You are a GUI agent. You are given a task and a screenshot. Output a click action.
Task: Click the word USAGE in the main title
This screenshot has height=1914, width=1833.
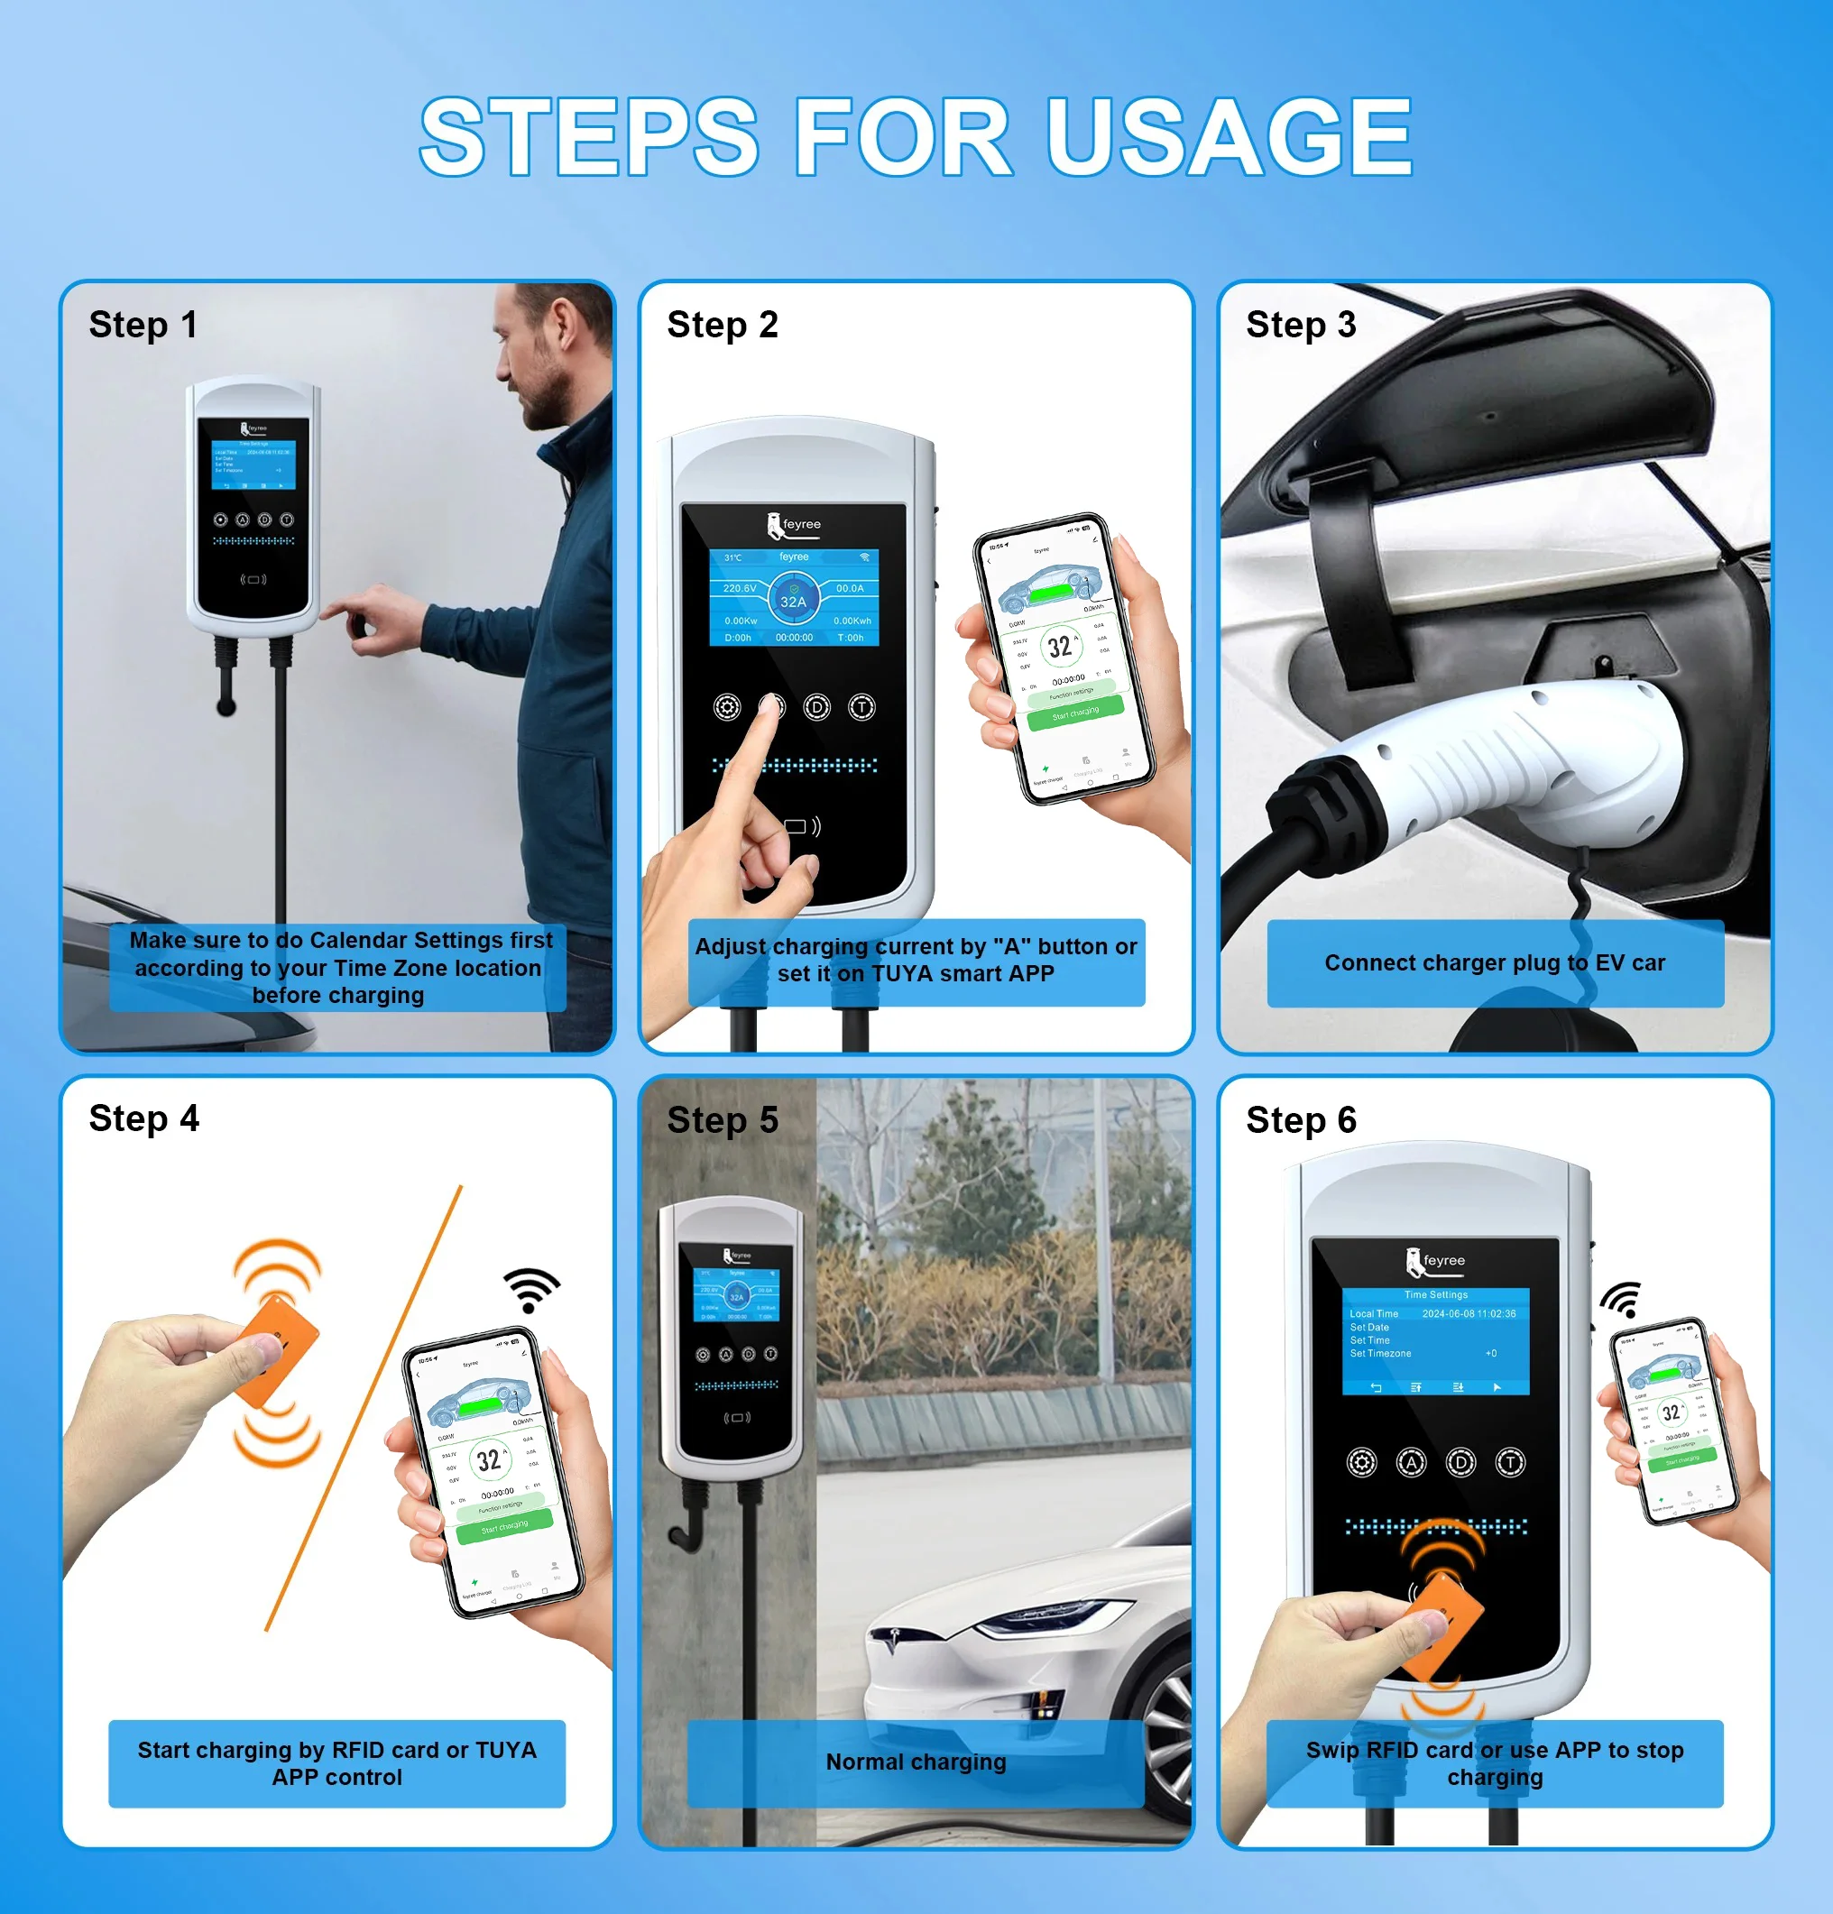pyautogui.click(x=1229, y=137)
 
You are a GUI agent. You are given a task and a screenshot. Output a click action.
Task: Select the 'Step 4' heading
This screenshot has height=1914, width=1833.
pyautogui.click(x=143, y=1118)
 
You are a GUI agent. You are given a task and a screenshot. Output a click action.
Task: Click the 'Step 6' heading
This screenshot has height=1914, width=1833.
pyautogui.click(x=1301, y=1120)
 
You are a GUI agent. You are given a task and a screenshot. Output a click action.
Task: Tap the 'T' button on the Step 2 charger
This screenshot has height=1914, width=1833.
pyautogui.click(x=861, y=707)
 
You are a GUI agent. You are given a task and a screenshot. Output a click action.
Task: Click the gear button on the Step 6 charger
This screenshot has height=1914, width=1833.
pyautogui.click(x=1361, y=1462)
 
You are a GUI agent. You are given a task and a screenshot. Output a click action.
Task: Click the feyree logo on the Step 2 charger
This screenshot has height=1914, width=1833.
pyautogui.click(x=794, y=524)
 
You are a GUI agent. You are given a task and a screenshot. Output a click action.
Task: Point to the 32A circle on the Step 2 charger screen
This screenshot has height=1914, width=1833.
pyautogui.click(x=794, y=598)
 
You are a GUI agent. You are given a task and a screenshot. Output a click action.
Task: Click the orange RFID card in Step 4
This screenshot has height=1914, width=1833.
pyautogui.click(x=279, y=1351)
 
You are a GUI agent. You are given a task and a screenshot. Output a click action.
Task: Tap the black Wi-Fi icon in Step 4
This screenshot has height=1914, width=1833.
pyautogui.click(x=531, y=1289)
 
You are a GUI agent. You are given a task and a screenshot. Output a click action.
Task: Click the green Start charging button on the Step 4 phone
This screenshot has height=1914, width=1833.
pyautogui.click(x=504, y=1526)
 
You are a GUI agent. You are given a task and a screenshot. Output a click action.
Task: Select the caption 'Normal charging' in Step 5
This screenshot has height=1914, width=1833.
pyautogui.click(x=915, y=1762)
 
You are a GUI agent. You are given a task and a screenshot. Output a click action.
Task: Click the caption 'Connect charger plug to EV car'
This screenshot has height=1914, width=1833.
pyautogui.click(x=1494, y=962)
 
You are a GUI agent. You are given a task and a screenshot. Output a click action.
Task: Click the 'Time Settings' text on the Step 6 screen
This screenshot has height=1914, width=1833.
pyautogui.click(x=1435, y=1295)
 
